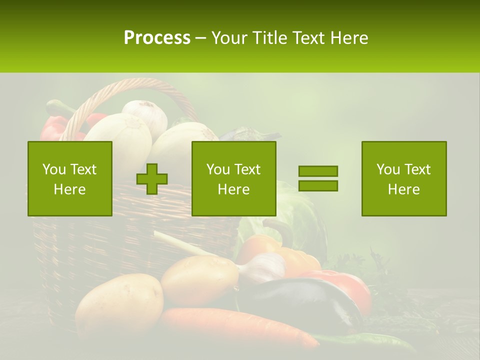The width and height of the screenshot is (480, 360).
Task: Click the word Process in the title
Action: pos(157,37)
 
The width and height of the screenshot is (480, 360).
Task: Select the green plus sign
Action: pos(152,178)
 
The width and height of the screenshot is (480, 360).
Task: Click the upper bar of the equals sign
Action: pos(318,171)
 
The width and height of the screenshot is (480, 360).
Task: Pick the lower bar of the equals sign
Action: pos(318,185)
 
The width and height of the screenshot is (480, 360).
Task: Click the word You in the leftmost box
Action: pos(53,169)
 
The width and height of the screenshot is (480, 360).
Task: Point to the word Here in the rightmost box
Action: pos(403,189)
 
